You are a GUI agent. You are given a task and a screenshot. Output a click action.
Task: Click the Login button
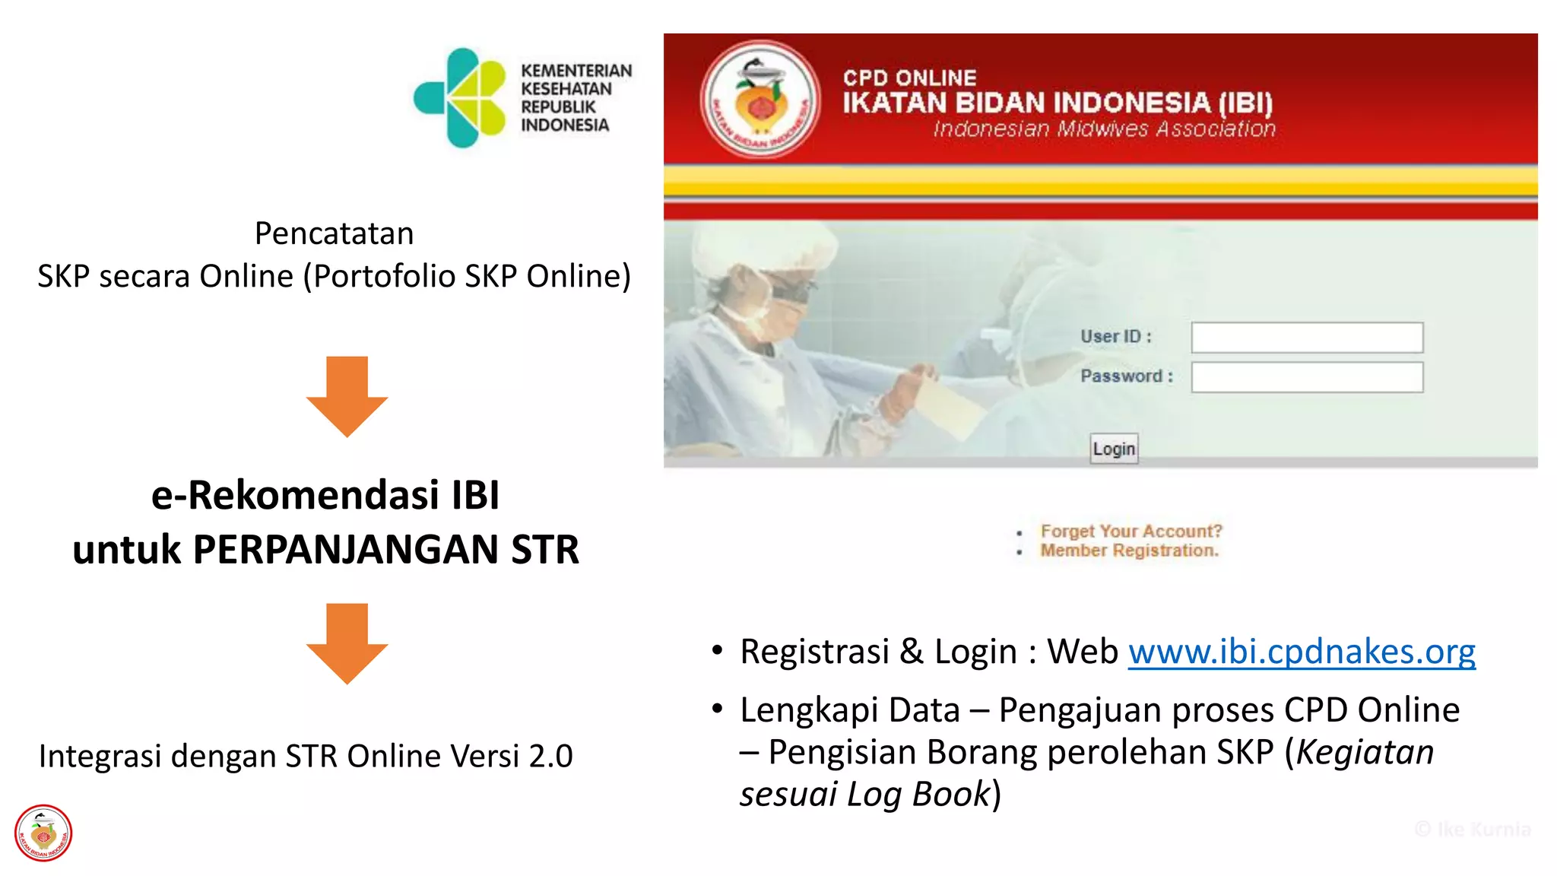[x=1114, y=449]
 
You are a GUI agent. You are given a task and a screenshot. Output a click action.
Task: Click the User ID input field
[x=1307, y=338]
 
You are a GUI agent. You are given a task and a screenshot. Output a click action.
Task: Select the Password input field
[x=1307, y=377]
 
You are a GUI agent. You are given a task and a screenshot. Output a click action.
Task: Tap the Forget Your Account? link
[x=1130, y=531]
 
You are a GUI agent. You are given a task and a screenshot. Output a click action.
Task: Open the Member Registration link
[x=1129, y=551]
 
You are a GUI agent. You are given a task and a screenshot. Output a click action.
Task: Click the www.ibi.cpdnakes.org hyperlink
[x=1302, y=652]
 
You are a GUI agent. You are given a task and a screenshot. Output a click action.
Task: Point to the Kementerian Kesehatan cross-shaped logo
[x=460, y=97]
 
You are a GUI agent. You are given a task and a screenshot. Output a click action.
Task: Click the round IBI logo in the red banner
[x=759, y=100]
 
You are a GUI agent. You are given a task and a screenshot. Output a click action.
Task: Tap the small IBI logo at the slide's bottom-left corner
[x=43, y=833]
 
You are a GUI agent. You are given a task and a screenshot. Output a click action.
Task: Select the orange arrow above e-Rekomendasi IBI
[x=347, y=395]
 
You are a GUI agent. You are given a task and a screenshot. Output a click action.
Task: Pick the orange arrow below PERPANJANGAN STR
[x=347, y=643]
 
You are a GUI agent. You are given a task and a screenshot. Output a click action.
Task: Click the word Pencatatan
[x=334, y=233]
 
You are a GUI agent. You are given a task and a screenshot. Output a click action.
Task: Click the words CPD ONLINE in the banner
[x=909, y=78]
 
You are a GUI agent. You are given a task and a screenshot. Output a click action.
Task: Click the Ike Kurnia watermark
[x=1473, y=829]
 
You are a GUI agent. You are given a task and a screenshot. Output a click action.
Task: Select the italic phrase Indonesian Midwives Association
[x=1104, y=129]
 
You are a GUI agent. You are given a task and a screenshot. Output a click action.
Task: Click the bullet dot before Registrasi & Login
[x=717, y=651]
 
